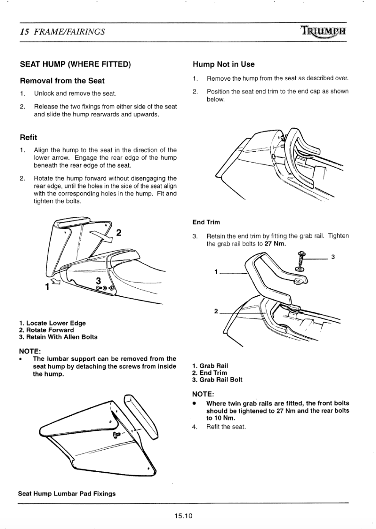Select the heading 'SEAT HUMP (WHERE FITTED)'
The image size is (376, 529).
coord(75,64)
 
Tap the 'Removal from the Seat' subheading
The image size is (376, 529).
coord(62,81)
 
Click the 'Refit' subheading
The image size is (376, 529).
coord(29,137)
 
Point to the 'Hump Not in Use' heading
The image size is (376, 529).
coord(223,64)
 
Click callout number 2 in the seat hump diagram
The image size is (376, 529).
coord(119,233)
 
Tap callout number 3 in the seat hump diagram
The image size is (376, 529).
coord(99,280)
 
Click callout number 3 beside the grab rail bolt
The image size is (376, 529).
coord(333,257)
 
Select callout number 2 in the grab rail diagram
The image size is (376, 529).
coord(216,312)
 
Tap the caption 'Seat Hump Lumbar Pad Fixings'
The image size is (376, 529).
coord(67,494)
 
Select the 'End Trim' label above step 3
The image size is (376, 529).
coord(206,222)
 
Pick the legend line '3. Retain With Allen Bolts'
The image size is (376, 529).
coord(58,337)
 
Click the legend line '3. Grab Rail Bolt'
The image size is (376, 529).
coord(217,380)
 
